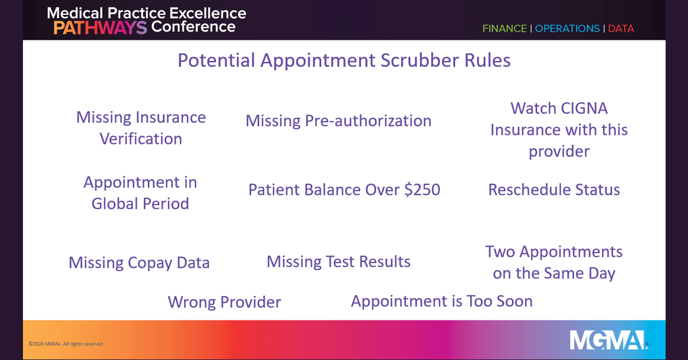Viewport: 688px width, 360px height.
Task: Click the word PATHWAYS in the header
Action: point(100,28)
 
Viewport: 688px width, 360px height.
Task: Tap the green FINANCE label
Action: point(505,29)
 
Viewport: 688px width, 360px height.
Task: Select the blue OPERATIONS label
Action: point(567,29)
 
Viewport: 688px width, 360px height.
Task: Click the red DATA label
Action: point(621,29)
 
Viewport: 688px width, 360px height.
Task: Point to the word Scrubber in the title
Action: point(420,60)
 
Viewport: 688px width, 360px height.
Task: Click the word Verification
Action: point(141,139)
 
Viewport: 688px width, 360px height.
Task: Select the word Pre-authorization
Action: point(368,121)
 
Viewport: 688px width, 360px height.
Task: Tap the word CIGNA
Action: point(584,108)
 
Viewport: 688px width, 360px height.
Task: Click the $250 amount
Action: point(423,190)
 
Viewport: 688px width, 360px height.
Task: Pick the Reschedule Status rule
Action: point(554,190)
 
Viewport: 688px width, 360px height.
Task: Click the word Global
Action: point(115,204)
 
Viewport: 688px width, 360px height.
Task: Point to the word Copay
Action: point(150,263)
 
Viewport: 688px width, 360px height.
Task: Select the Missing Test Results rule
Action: point(338,262)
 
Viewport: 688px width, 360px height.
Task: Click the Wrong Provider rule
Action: point(224,302)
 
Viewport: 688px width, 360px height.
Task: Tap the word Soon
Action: point(514,301)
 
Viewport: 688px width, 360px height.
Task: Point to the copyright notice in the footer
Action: point(66,344)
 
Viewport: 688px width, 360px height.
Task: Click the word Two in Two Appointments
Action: point(500,252)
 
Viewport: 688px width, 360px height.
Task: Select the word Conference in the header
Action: point(193,27)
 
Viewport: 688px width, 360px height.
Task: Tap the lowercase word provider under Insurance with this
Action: point(559,152)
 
